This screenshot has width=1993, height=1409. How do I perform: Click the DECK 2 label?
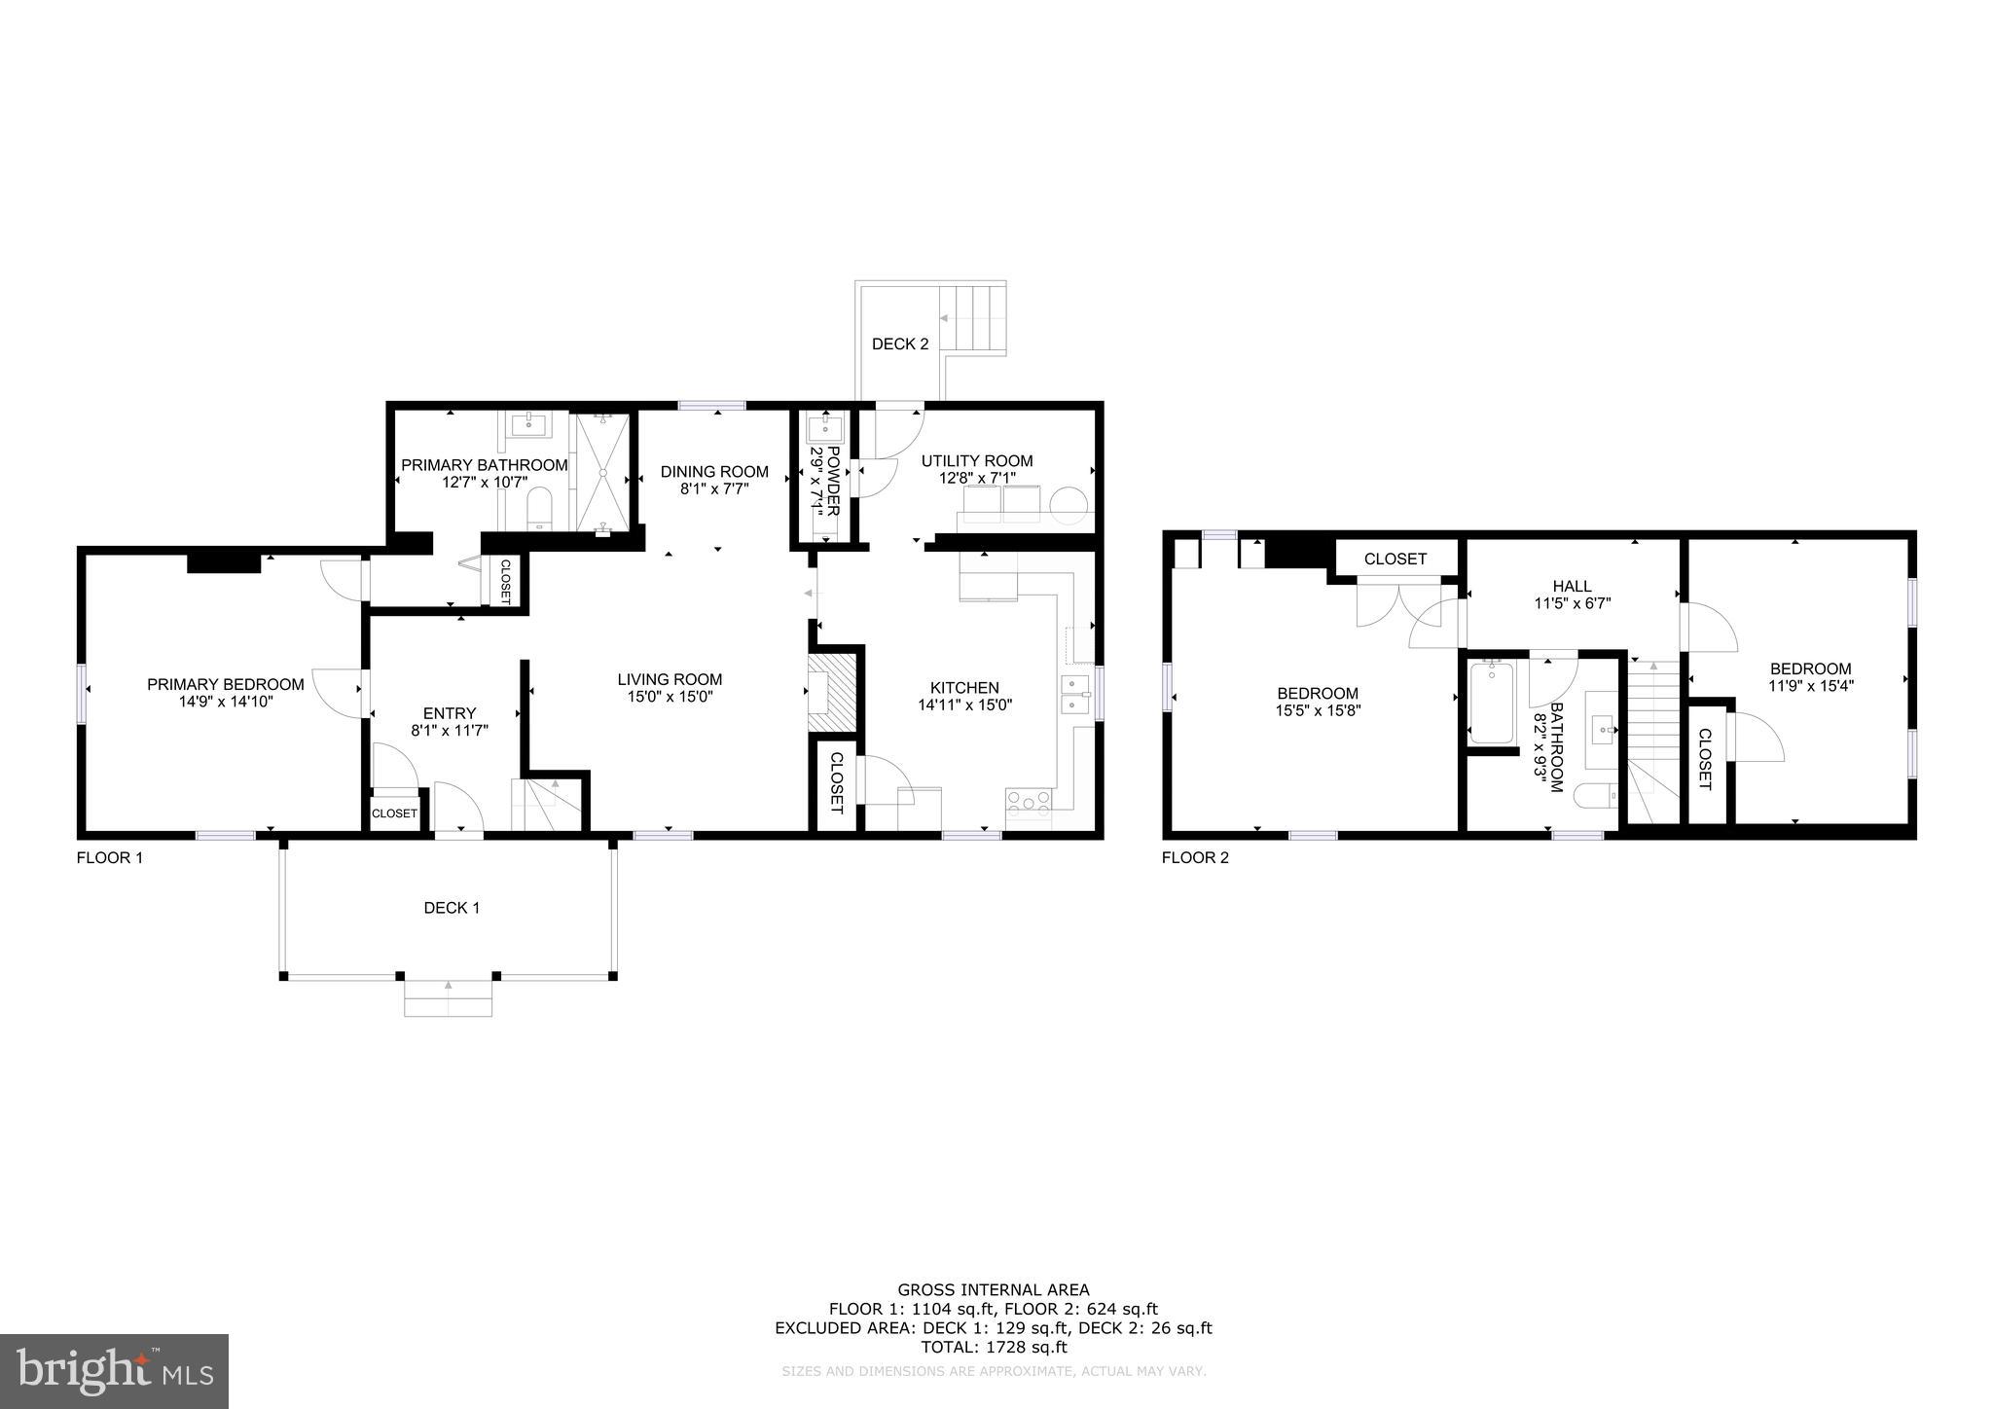[x=899, y=343]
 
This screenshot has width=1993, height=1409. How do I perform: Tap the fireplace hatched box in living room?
[x=831, y=689]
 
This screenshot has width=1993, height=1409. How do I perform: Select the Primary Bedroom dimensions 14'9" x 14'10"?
[x=225, y=701]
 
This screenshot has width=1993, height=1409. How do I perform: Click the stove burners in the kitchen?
[x=1029, y=802]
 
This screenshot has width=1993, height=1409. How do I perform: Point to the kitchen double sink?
[x=1074, y=694]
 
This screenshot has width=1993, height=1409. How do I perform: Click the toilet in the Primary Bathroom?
[x=539, y=508]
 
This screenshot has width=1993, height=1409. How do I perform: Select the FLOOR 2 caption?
[x=1195, y=858]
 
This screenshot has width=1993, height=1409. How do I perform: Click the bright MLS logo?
[x=114, y=1371]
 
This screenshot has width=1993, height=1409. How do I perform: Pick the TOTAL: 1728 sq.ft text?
[x=994, y=1348]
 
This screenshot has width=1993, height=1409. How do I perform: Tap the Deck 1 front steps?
[x=448, y=999]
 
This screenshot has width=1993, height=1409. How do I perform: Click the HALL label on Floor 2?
[x=1572, y=586]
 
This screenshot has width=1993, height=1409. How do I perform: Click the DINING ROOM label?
[x=714, y=472]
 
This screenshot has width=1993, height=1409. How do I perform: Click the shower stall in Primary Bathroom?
[x=602, y=473]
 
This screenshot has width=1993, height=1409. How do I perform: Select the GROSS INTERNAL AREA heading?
[x=993, y=1290]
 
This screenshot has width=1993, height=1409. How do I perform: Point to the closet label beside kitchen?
[x=836, y=782]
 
